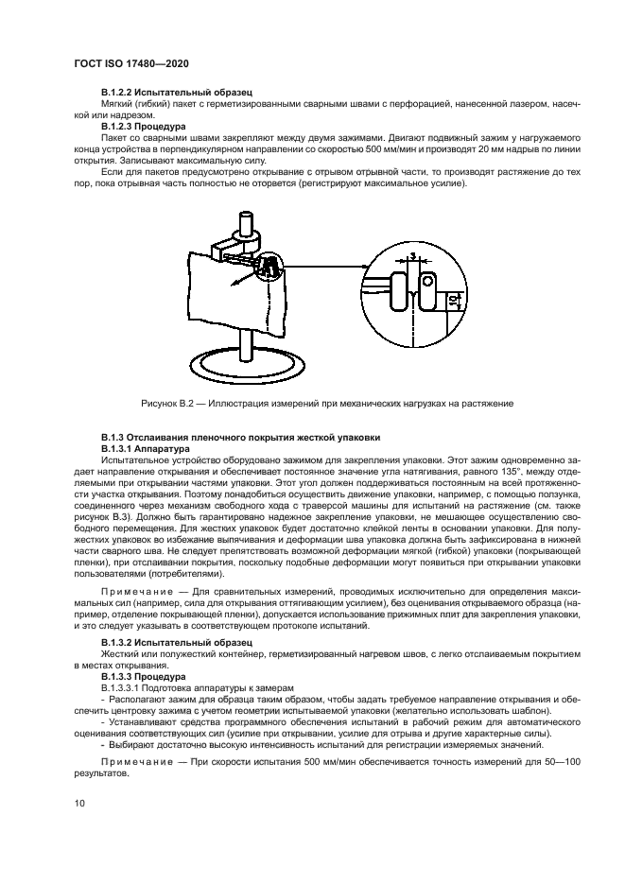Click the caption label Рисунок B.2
171,403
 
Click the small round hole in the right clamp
427,280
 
